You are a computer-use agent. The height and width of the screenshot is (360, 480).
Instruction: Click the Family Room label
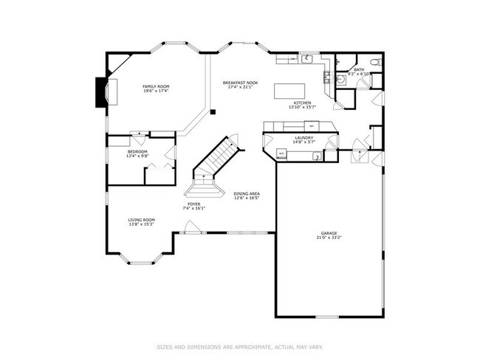click(x=156, y=87)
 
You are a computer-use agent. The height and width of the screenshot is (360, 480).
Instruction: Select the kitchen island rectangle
click(x=288, y=91)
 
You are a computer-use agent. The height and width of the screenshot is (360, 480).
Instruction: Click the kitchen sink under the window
click(x=306, y=58)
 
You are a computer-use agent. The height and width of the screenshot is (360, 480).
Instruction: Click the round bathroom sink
click(x=342, y=76)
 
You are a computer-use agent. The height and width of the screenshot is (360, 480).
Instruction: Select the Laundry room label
click(x=304, y=138)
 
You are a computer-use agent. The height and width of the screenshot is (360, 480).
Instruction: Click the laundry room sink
click(x=316, y=156)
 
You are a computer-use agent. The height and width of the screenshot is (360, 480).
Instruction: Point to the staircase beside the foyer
click(x=216, y=159)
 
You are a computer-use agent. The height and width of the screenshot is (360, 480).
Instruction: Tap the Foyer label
click(x=193, y=204)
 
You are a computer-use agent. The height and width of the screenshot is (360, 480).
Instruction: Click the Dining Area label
click(x=247, y=193)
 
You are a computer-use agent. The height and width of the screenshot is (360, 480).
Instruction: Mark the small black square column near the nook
click(x=213, y=112)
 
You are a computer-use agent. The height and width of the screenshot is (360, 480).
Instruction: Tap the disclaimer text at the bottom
click(x=240, y=345)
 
